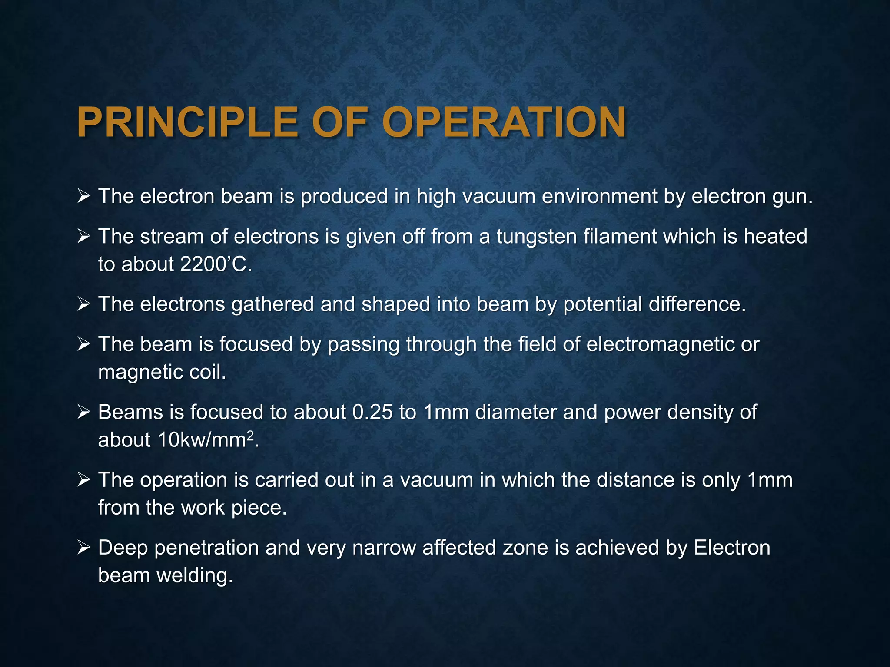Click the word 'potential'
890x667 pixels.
tap(603, 304)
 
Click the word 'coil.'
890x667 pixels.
tap(208, 372)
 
